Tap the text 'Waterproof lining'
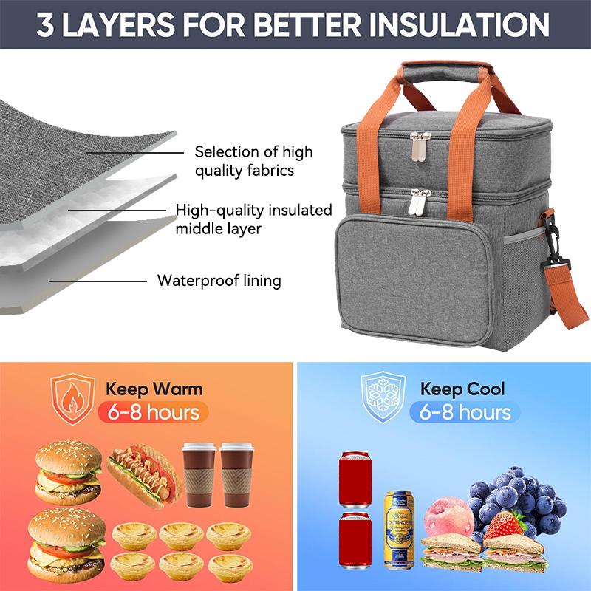click(219, 281)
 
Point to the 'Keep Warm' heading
click(154, 389)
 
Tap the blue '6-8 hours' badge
click(465, 411)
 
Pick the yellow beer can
click(399, 527)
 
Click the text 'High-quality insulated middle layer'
click(253, 219)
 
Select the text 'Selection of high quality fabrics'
click(253, 161)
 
